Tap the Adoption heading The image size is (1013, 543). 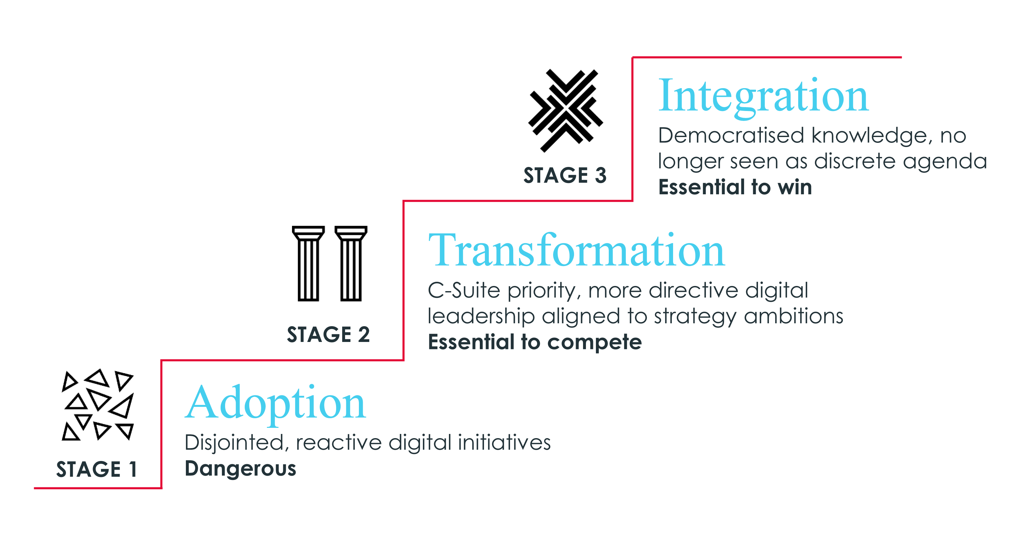[275, 404]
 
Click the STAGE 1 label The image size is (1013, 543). [96, 469]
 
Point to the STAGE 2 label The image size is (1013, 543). [328, 335]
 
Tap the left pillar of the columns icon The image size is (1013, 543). [308, 263]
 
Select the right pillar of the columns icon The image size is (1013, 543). [351, 263]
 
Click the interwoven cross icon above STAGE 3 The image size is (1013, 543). [565, 111]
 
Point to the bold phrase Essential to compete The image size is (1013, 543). [535, 342]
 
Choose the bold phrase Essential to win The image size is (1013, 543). [735, 187]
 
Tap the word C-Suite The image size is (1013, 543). [464, 290]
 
